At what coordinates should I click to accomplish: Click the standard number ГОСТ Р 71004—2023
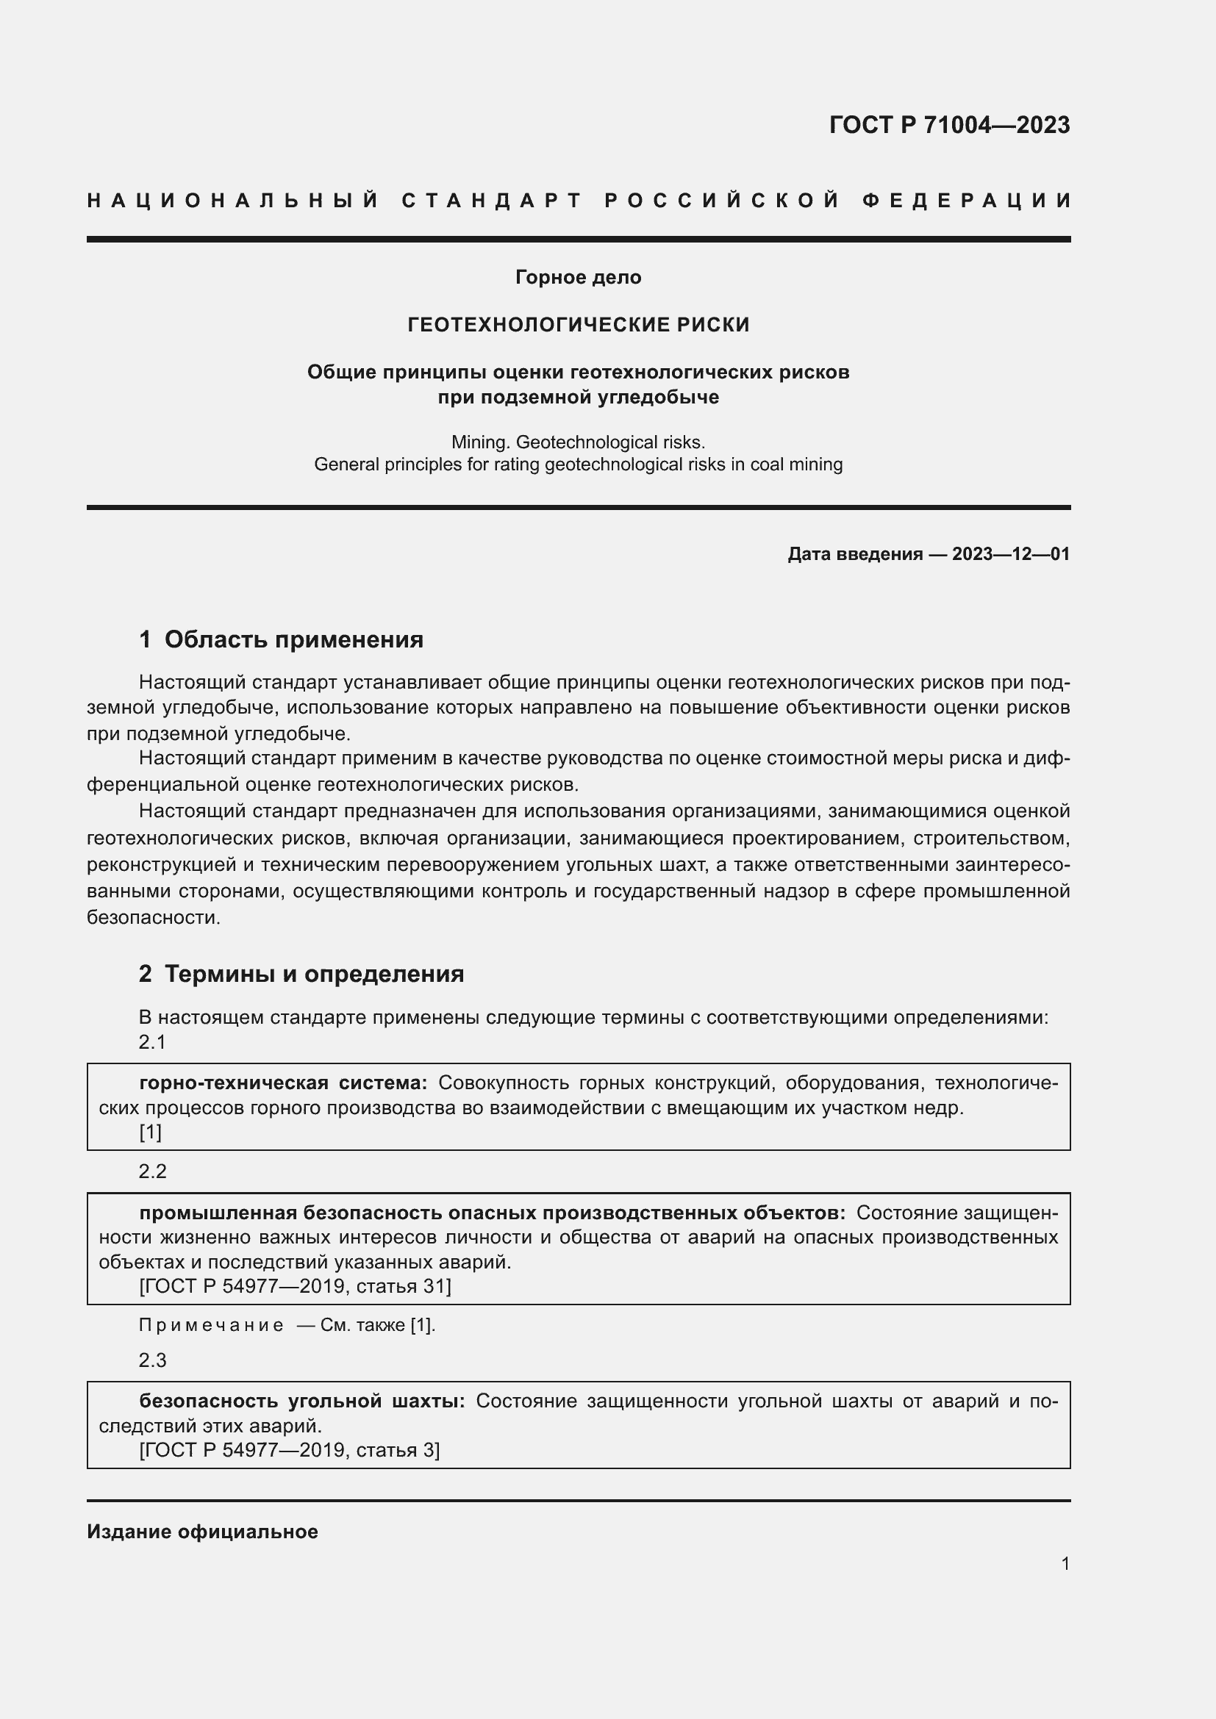pos(948,125)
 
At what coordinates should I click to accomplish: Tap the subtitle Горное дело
pos(578,277)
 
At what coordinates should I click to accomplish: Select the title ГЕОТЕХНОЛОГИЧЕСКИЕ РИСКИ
pos(578,324)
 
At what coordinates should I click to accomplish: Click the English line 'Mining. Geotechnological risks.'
pos(578,442)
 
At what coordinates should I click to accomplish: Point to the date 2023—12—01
pos(1011,554)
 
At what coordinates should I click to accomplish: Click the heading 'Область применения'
pos(293,639)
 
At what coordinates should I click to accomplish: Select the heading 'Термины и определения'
pos(314,973)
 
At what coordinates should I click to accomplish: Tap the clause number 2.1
pos(152,1041)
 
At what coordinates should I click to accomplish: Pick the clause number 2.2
pos(153,1171)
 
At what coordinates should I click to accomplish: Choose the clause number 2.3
pos(153,1360)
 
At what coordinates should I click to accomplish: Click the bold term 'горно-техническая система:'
pos(283,1083)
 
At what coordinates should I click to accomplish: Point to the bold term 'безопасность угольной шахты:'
pos(301,1401)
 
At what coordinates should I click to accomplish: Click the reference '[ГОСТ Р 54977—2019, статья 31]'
pos(295,1286)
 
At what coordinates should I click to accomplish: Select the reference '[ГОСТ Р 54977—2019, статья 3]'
pos(290,1450)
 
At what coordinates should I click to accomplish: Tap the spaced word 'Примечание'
pos(211,1325)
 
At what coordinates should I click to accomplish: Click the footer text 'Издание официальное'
pos(202,1532)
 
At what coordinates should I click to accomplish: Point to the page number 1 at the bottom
pos(1065,1563)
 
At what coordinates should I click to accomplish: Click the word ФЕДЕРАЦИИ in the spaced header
pos(967,201)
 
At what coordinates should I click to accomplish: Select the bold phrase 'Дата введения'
pos(854,554)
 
